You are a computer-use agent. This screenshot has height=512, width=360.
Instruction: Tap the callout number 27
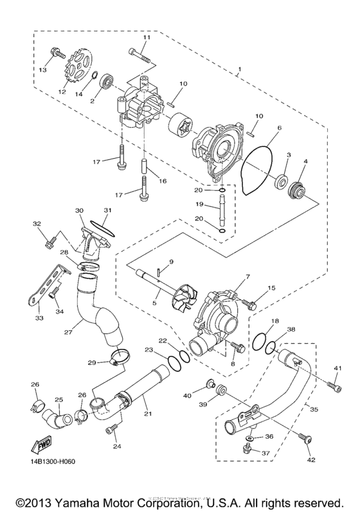click(x=68, y=332)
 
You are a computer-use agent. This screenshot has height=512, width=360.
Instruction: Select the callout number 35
click(x=314, y=407)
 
